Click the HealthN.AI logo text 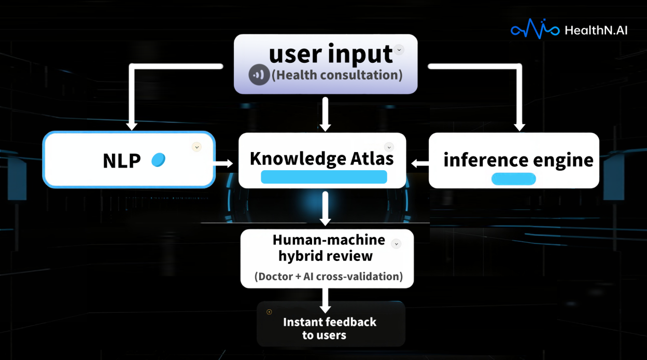coord(596,30)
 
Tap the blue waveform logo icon coord(535,29)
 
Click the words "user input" coord(331,54)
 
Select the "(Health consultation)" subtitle coord(337,75)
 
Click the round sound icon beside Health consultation coord(259,75)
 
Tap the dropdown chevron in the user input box coord(399,50)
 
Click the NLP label coord(122,161)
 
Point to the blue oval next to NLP coord(158,160)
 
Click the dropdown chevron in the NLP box coord(196,147)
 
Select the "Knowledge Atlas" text coord(321,158)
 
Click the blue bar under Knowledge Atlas coord(323,177)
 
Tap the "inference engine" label coord(518,160)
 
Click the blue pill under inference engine coord(513,179)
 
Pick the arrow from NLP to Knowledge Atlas coord(224,164)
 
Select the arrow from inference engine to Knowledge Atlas coord(420,164)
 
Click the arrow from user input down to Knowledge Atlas coord(325,114)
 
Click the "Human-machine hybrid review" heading coord(328,248)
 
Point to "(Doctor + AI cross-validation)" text coord(329,276)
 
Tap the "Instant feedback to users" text coord(329,328)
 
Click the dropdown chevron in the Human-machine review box coord(396,243)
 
